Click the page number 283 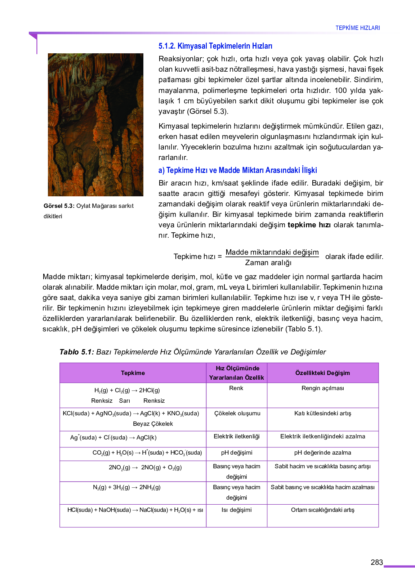coord(376,562)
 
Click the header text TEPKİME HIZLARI coord(357,28)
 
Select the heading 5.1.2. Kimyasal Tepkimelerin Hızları coord(215,46)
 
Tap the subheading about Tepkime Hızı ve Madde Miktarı coord(237,170)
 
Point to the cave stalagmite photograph coord(95,125)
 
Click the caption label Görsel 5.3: coord(59,206)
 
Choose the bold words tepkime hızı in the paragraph coord(309,225)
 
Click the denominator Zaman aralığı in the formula coord(268,263)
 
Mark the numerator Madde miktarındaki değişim coord(272,252)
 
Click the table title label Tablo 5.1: coord(76,352)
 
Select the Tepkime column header coord(133,373)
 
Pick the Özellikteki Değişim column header coord(322,373)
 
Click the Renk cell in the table coord(236,388)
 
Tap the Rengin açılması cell coord(322,388)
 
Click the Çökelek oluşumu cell coord(237,414)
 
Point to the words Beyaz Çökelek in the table coord(153,424)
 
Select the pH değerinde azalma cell coord(322,453)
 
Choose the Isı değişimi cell coord(236,510)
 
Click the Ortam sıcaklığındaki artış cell coord(322,510)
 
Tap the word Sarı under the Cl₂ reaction coord(124,401)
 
